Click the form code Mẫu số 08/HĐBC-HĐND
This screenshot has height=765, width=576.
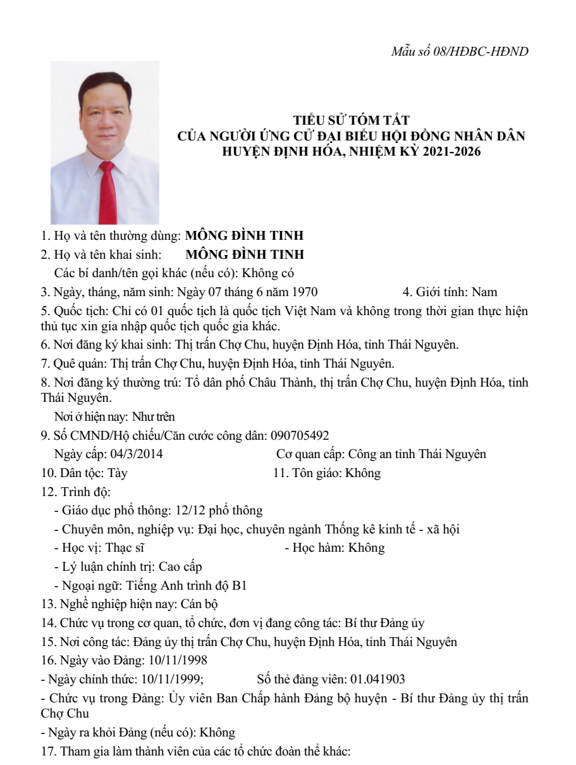[x=460, y=51]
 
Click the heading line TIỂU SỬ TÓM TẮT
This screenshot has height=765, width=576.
[x=352, y=120]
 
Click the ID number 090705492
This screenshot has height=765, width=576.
[x=300, y=435]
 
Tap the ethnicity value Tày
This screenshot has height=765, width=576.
[x=118, y=473]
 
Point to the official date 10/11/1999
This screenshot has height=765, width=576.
[x=166, y=679]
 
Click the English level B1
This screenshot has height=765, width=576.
[x=239, y=585]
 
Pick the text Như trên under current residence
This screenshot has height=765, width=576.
[x=152, y=417]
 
